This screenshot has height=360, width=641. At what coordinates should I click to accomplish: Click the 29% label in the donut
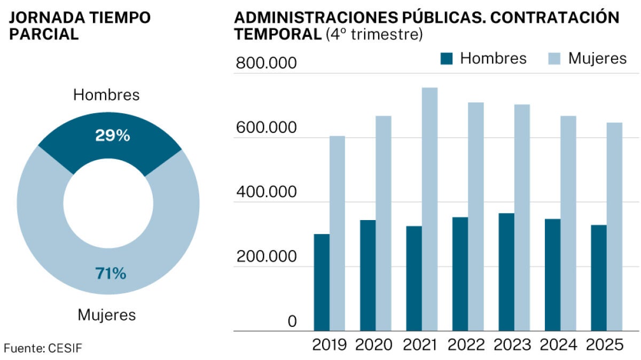pyautogui.click(x=112, y=136)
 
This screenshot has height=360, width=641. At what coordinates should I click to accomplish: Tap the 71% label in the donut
pyautogui.click(x=111, y=274)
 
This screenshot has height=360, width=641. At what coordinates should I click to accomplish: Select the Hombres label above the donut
pyautogui.click(x=106, y=95)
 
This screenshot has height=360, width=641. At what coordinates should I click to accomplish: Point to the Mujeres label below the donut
pyautogui.click(x=107, y=315)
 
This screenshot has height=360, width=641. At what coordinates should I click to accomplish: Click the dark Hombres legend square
pyautogui.click(x=446, y=58)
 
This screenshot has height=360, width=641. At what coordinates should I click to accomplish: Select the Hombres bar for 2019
pyautogui.click(x=322, y=283)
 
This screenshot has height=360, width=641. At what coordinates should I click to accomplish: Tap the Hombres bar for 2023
pyautogui.click(x=506, y=272)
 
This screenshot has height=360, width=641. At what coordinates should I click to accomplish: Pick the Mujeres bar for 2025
pyautogui.click(x=614, y=227)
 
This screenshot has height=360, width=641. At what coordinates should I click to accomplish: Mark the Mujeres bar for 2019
pyautogui.click(x=337, y=233)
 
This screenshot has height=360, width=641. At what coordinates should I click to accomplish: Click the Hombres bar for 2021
pyautogui.click(x=414, y=278)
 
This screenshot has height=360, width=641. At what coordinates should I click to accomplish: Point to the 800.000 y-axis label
pyautogui.click(x=265, y=64)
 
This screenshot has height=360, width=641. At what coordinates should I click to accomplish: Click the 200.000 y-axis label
pyautogui.click(x=265, y=257)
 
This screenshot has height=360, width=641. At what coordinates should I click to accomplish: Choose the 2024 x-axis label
pyautogui.click(x=558, y=345)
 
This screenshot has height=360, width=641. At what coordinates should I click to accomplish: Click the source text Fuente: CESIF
pyautogui.click(x=43, y=348)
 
